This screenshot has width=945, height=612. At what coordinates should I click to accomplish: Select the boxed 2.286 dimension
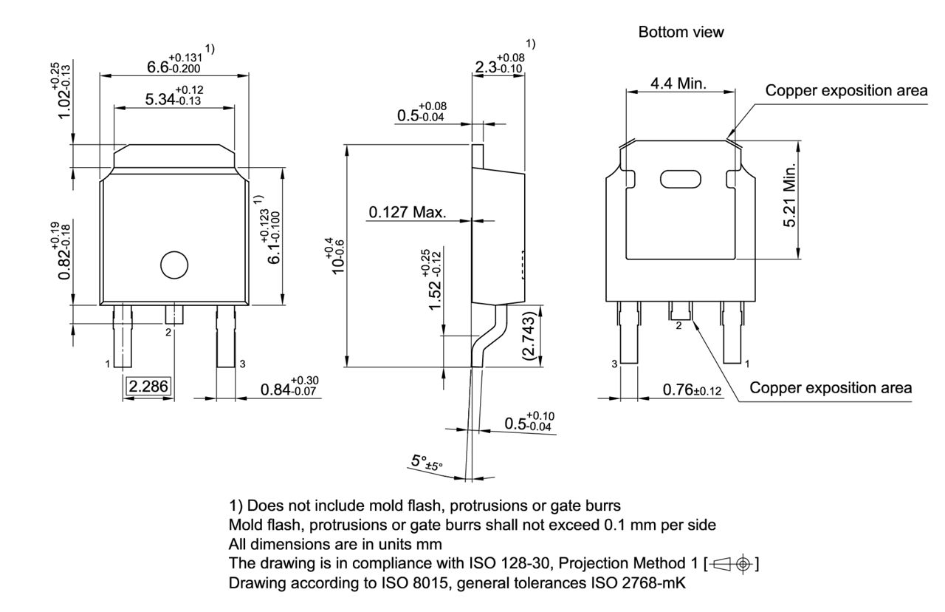pos(148,386)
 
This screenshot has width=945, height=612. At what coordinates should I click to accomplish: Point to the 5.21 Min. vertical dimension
pos(792,196)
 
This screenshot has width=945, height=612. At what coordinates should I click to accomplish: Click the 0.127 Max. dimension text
pos(408,213)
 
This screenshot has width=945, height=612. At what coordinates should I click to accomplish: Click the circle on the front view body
pos(174,265)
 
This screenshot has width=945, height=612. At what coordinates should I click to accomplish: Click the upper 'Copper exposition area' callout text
pos(846,91)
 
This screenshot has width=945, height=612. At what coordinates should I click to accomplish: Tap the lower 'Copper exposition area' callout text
pos(831,388)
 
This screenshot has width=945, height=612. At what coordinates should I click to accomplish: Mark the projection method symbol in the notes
pos(731,564)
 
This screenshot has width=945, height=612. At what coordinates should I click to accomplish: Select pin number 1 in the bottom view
pos(747,364)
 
